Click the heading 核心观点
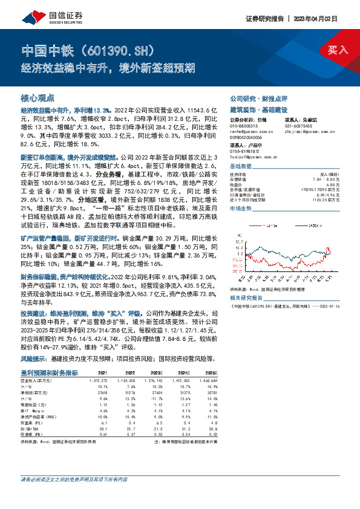pyautogui.click(x=38, y=97)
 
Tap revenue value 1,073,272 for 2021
pyautogui.click(x=105, y=380)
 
